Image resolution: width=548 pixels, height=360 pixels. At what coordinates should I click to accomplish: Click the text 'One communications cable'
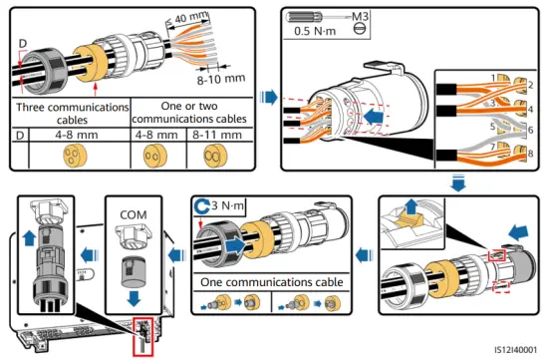pos(266,282)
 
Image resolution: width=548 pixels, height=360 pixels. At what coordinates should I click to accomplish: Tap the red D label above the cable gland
pos(22,44)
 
